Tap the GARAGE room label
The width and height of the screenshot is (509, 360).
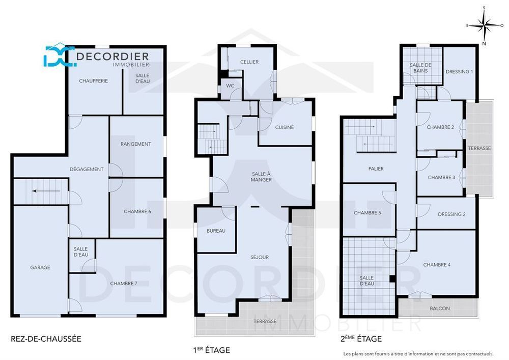(x=40, y=267)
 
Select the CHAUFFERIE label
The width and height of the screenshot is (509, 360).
(x=93, y=81)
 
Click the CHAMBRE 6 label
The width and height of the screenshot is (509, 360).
(x=137, y=211)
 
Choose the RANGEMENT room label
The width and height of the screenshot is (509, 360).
(x=135, y=144)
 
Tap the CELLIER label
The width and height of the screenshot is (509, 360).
(x=249, y=62)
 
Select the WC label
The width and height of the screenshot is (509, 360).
(x=230, y=86)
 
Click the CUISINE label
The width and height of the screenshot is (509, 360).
(x=284, y=127)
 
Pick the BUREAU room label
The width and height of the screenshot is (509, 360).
(x=216, y=231)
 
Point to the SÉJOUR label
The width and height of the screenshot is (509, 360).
(x=260, y=257)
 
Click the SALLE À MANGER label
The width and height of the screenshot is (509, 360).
(x=261, y=176)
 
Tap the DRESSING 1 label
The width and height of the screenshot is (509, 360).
(x=459, y=71)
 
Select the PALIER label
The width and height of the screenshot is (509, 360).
(x=376, y=169)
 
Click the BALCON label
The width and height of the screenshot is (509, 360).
(x=439, y=308)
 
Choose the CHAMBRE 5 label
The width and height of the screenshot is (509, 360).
(x=367, y=213)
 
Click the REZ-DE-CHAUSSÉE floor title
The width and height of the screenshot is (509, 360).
(x=46, y=338)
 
